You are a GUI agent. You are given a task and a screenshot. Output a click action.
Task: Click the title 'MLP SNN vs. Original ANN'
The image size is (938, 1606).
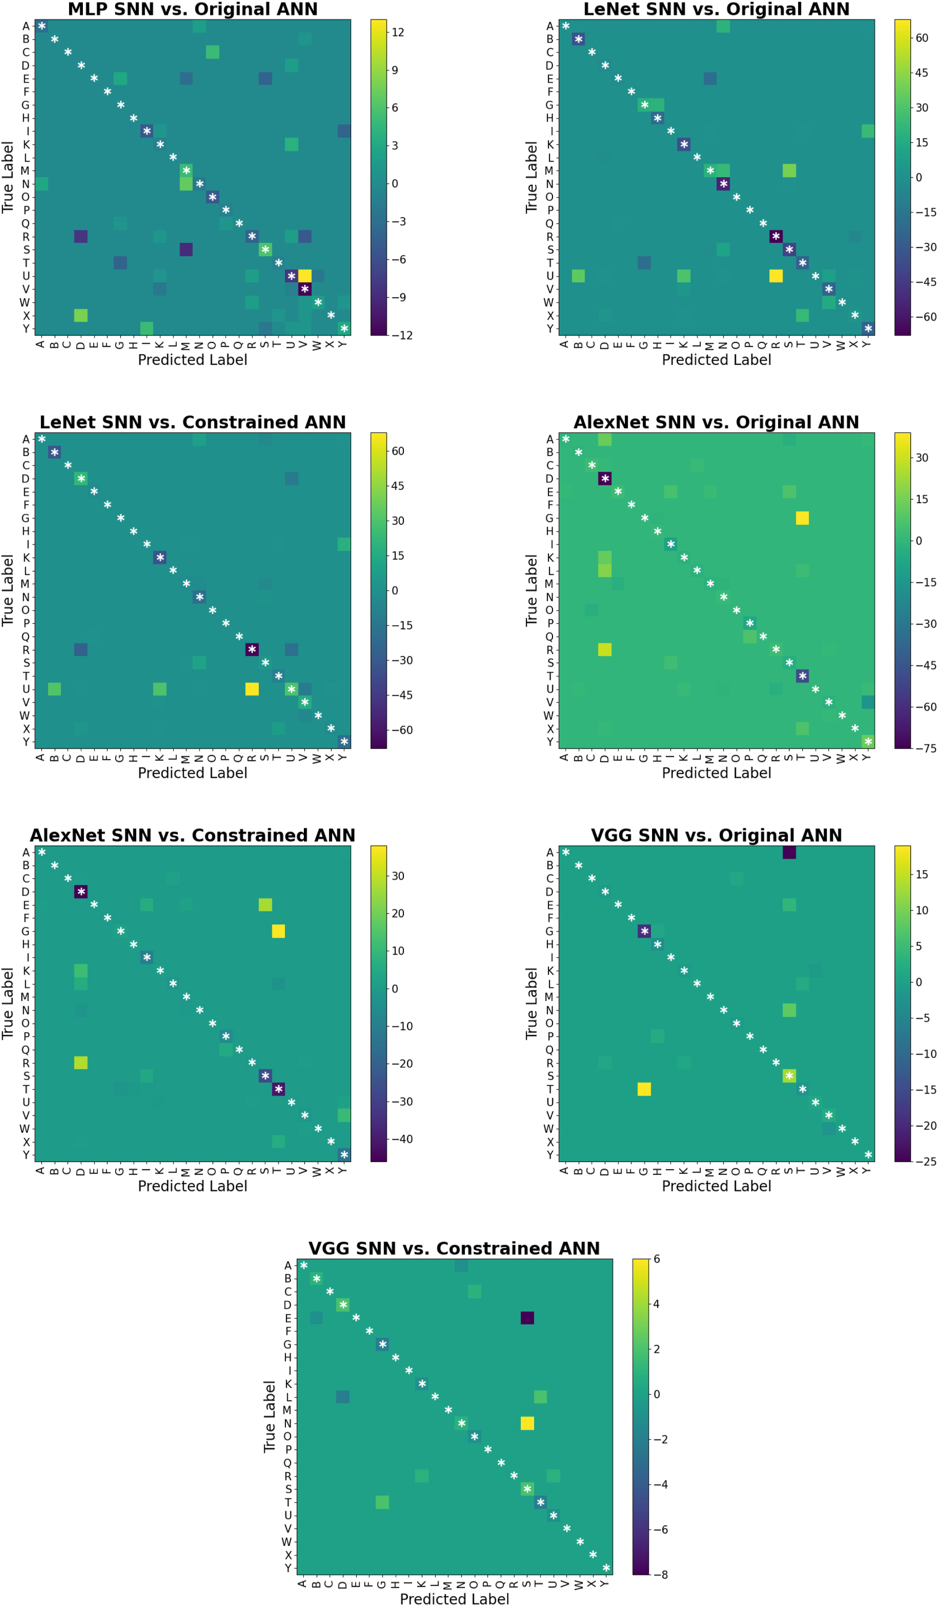tap(192, 10)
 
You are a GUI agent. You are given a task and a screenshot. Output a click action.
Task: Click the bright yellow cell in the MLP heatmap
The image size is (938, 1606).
tap(304, 276)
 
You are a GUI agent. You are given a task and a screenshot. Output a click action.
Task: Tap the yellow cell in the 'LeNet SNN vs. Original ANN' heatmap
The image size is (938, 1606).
tap(776, 276)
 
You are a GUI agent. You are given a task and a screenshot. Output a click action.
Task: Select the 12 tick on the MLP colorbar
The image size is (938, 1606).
tap(398, 32)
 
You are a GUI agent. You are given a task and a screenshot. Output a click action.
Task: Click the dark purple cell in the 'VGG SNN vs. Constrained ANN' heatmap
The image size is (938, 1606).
tap(527, 1318)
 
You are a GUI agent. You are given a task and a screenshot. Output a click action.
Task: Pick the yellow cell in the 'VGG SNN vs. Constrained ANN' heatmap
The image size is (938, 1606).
tap(527, 1423)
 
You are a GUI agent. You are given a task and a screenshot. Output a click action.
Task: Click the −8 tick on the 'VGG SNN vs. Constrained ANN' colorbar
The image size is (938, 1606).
tap(660, 1574)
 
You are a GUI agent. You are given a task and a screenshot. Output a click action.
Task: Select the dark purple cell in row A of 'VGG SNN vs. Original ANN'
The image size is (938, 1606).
tap(789, 853)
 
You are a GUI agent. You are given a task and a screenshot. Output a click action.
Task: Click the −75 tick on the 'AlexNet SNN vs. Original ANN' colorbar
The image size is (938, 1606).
tap(925, 748)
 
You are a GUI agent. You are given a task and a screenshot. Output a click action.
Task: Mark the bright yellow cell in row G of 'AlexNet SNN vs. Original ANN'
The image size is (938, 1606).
tap(802, 518)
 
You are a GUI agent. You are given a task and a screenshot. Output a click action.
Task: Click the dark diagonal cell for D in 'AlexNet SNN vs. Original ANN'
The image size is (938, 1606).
tap(605, 478)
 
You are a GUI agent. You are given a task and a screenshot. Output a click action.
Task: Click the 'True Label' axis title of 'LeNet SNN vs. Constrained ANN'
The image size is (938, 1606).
tap(8, 590)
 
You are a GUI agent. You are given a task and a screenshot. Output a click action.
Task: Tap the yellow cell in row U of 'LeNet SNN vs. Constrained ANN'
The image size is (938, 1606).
tap(251, 689)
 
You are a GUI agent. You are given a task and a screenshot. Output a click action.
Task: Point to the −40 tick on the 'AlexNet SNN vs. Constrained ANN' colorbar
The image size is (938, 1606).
tap(402, 1139)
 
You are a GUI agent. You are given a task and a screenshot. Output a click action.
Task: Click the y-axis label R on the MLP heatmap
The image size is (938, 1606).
tap(26, 237)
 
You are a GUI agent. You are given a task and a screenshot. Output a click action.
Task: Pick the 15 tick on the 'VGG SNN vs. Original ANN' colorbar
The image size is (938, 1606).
tap(921, 874)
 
